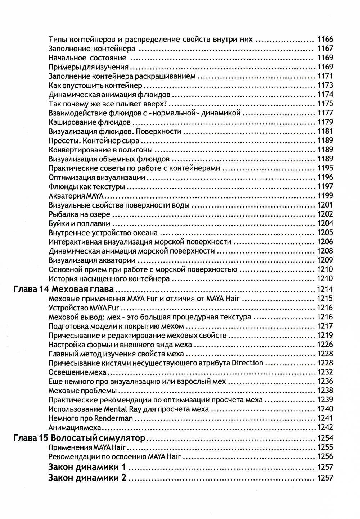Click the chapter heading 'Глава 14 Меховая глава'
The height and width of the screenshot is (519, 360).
63,290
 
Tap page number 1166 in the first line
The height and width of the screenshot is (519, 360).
325,39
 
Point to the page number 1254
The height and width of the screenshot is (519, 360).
325,438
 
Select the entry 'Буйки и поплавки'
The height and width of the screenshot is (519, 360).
79,223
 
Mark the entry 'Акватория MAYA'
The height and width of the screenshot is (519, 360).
76,196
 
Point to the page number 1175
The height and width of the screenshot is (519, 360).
325,104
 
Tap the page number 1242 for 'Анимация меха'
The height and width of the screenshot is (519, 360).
325,428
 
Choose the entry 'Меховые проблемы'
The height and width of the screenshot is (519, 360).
82,391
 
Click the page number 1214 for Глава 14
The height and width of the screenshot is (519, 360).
325,290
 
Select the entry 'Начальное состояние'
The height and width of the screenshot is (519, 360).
87,58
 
